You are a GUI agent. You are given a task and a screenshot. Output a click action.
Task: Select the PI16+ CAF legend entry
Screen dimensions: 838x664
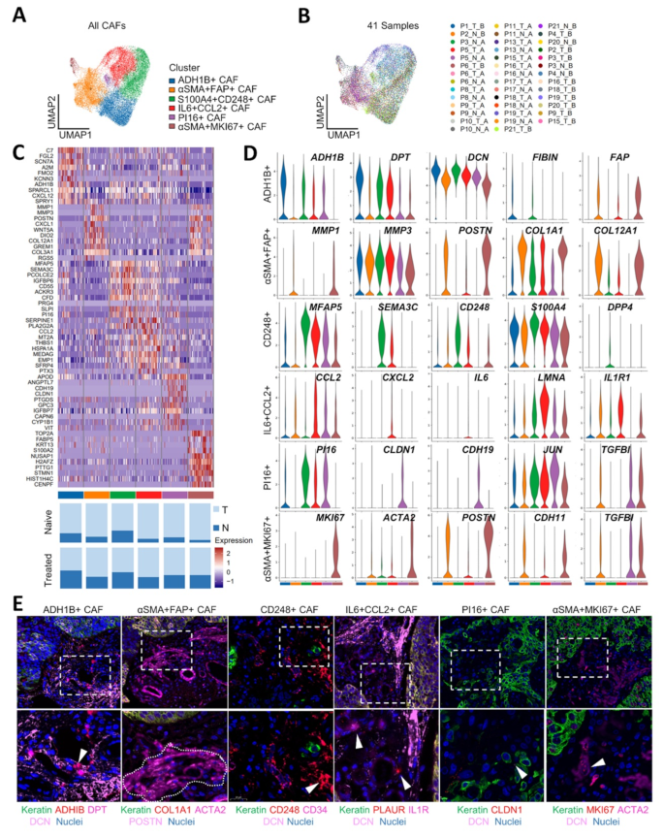point(204,113)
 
